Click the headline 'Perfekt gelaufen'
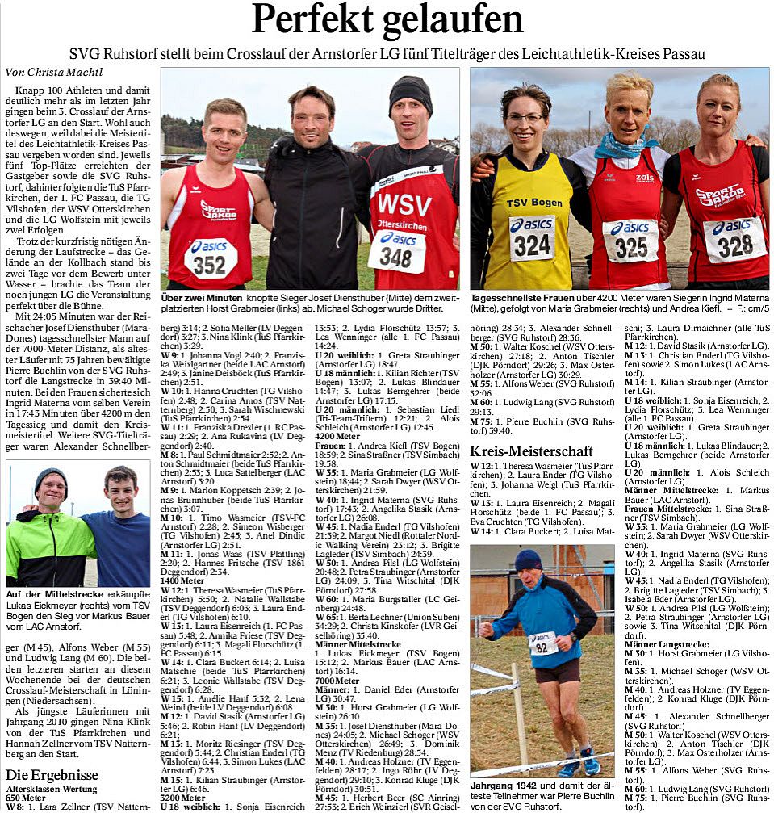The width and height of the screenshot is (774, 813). click(x=387, y=20)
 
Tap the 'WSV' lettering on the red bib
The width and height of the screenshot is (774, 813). click(x=404, y=203)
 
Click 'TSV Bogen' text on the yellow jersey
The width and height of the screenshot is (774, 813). click(x=533, y=202)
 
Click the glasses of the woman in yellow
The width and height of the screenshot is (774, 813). click(x=525, y=118)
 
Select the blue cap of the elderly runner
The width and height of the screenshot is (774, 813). click(x=528, y=559)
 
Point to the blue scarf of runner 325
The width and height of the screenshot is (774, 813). click(x=621, y=148)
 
